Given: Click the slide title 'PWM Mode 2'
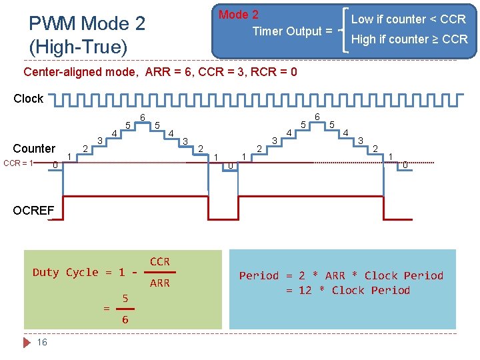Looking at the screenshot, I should pos(87,24).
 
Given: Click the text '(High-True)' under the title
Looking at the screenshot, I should pos(78,47).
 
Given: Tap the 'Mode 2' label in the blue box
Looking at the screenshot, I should pos(239,15).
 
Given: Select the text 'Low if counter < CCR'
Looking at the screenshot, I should pos(408,19).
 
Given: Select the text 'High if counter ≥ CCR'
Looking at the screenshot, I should pos(409,39).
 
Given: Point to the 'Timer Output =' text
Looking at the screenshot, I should pos(292,31).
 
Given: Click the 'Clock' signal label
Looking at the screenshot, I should pos(28,99).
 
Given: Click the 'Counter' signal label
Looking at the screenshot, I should pos(34,148).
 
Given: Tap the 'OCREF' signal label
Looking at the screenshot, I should pos(33,211).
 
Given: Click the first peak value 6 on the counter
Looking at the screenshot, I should pos(142,118).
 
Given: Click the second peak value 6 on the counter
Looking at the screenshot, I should pos(317,117).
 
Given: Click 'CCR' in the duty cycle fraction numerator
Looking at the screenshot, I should pos(160,261).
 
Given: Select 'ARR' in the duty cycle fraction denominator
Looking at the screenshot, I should pos(160,283).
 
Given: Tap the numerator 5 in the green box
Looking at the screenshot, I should pos(125,297).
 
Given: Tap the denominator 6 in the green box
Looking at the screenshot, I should pos(125,320).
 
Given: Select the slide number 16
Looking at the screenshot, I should pos(42,342).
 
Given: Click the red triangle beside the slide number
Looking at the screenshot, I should pos(27,342).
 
